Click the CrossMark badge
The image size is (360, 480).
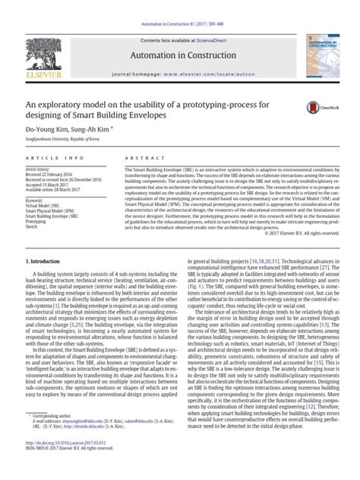[x=317, y=110]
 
